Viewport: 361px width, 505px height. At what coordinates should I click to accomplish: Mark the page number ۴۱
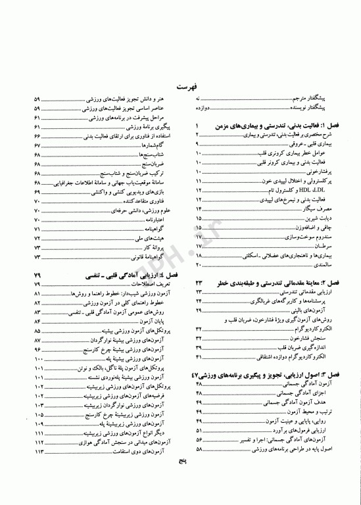[198, 357]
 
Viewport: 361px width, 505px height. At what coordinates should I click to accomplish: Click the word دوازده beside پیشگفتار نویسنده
[203, 105]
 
